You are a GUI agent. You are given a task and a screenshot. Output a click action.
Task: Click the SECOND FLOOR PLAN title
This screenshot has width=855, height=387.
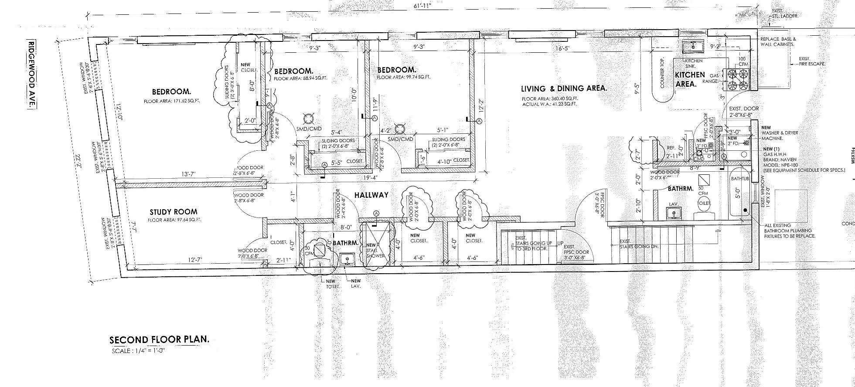coord(159,340)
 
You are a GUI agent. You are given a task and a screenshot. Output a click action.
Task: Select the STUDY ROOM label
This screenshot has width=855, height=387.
coord(167,212)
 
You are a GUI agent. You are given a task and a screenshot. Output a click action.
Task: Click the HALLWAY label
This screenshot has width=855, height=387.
coord(371,195)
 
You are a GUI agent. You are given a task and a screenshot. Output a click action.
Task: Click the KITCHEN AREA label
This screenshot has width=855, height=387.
coord(689,79)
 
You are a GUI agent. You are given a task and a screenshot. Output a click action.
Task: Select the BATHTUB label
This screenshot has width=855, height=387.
coord(739,179)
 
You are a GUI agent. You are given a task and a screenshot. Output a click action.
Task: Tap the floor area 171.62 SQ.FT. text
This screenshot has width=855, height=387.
coord(171,101)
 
